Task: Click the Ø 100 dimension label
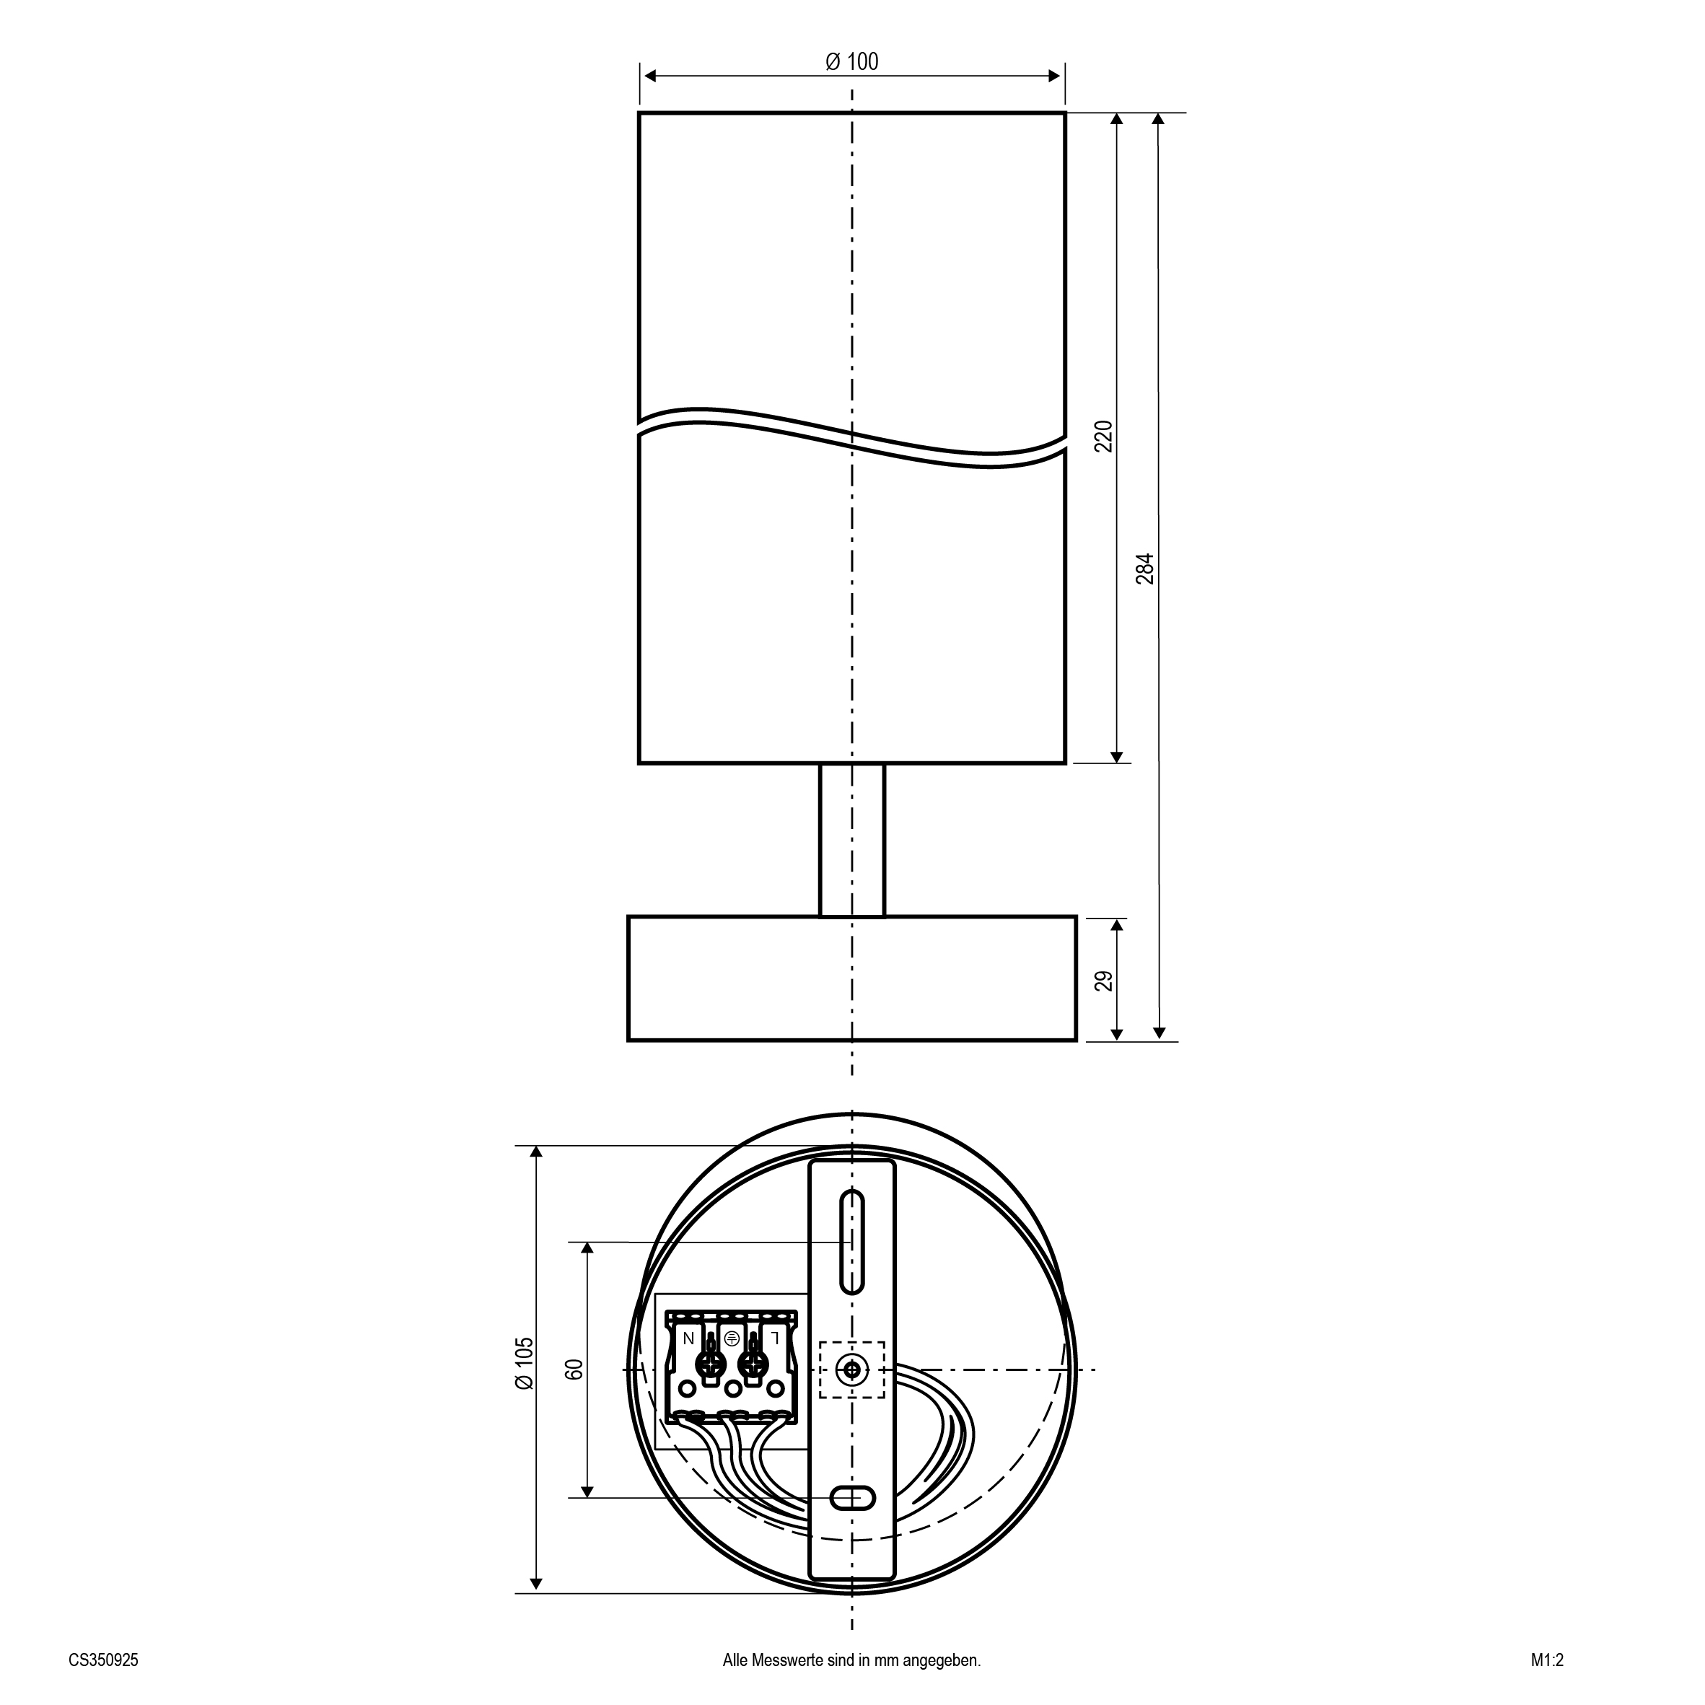(851, 62)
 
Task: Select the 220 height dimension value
(1104, 436)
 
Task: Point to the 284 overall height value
(1144, 569)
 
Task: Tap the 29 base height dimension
(1104, 981)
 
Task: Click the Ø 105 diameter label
(525, 1388)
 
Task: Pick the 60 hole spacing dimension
(574, 1369)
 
